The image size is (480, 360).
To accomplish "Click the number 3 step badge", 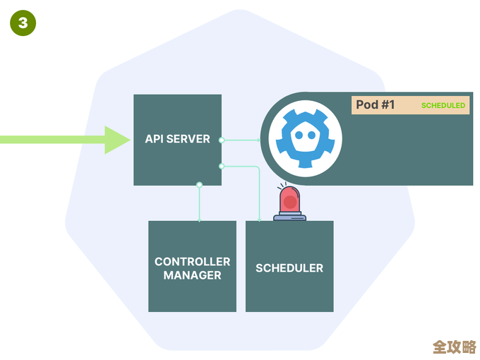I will [23, 23].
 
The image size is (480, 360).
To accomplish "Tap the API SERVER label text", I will [177, 139].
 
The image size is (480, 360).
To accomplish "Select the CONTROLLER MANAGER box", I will [192, 266].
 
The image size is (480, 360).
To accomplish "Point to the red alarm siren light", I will [289, 200].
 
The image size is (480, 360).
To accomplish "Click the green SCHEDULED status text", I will [443, 105].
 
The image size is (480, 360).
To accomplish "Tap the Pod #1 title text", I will [376, 105].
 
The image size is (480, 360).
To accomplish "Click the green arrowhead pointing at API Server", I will [117, 140].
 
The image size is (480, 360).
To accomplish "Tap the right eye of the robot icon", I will [313, 134].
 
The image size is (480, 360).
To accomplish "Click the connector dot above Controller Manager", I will [200, 185].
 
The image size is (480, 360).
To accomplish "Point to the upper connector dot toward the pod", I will [222, 140].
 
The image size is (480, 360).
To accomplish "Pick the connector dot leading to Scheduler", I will [222, 166].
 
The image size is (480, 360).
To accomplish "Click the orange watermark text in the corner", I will [455, 347].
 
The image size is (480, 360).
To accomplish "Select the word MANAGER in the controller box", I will [192, 275].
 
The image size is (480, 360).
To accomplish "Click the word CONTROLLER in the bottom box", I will [192, 262].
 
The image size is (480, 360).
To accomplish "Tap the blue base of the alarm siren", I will [289, 217].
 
